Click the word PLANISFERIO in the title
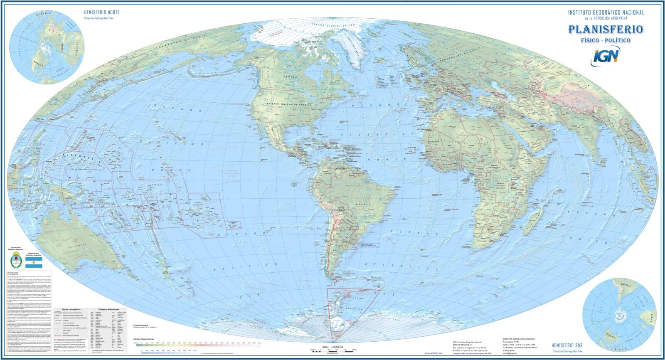605,30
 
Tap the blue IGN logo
605,56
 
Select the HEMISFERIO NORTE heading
101,12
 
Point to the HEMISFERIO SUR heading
567,345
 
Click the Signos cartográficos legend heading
71,310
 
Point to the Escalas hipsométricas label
143,339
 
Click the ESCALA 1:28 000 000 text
333,346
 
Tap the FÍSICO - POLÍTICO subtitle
605,40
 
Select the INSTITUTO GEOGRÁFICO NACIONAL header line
606,12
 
